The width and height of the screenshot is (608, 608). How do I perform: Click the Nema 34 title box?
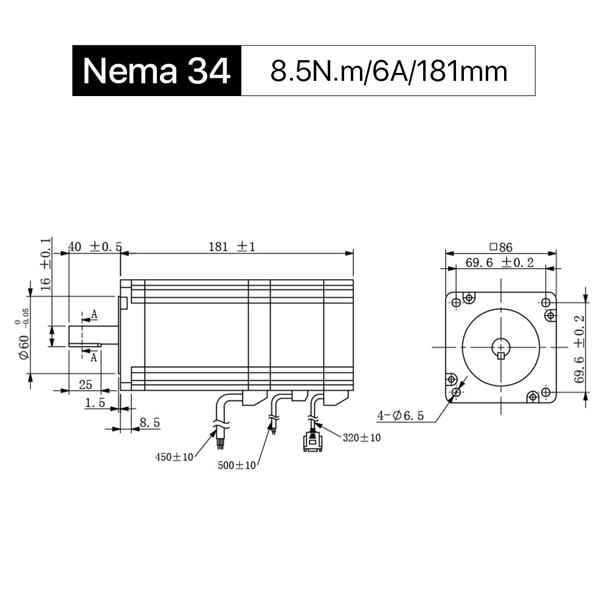[157, 71]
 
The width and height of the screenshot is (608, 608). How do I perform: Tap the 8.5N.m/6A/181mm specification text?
[389, 72]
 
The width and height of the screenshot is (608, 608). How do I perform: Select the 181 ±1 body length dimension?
[232, 247]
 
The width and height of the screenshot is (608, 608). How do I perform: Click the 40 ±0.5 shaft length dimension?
[95, 247]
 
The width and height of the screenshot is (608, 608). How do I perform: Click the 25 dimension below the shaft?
[85, 385]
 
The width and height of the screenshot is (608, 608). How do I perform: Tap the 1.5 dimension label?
[95, 403]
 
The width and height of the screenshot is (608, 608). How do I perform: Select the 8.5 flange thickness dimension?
[150, 423]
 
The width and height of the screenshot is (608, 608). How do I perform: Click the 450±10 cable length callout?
[174, 457]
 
